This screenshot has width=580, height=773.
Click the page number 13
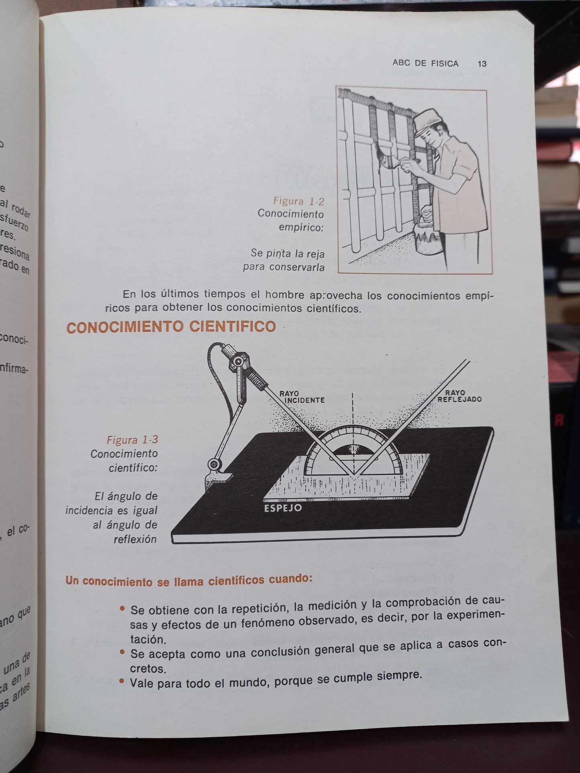coord(482,64)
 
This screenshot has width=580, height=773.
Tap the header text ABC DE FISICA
coord(425,63)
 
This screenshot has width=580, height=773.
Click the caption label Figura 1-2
coord(298,201)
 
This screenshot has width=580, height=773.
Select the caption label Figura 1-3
coord(132,440)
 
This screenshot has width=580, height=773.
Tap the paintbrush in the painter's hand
coord(387,160)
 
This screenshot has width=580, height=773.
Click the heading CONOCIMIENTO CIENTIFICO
coord(171,327)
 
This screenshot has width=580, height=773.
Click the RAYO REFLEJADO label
coord(459,396)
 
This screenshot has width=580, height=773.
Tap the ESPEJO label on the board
coord(283,508)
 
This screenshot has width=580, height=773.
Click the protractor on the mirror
coord(353,453)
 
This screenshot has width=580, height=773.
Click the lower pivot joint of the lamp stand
coord(214,464)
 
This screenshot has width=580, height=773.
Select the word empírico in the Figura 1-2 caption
coord(301,228)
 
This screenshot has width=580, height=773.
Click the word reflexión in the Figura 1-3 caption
coord(135,539)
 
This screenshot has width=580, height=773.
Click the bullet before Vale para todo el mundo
coord(122,681)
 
